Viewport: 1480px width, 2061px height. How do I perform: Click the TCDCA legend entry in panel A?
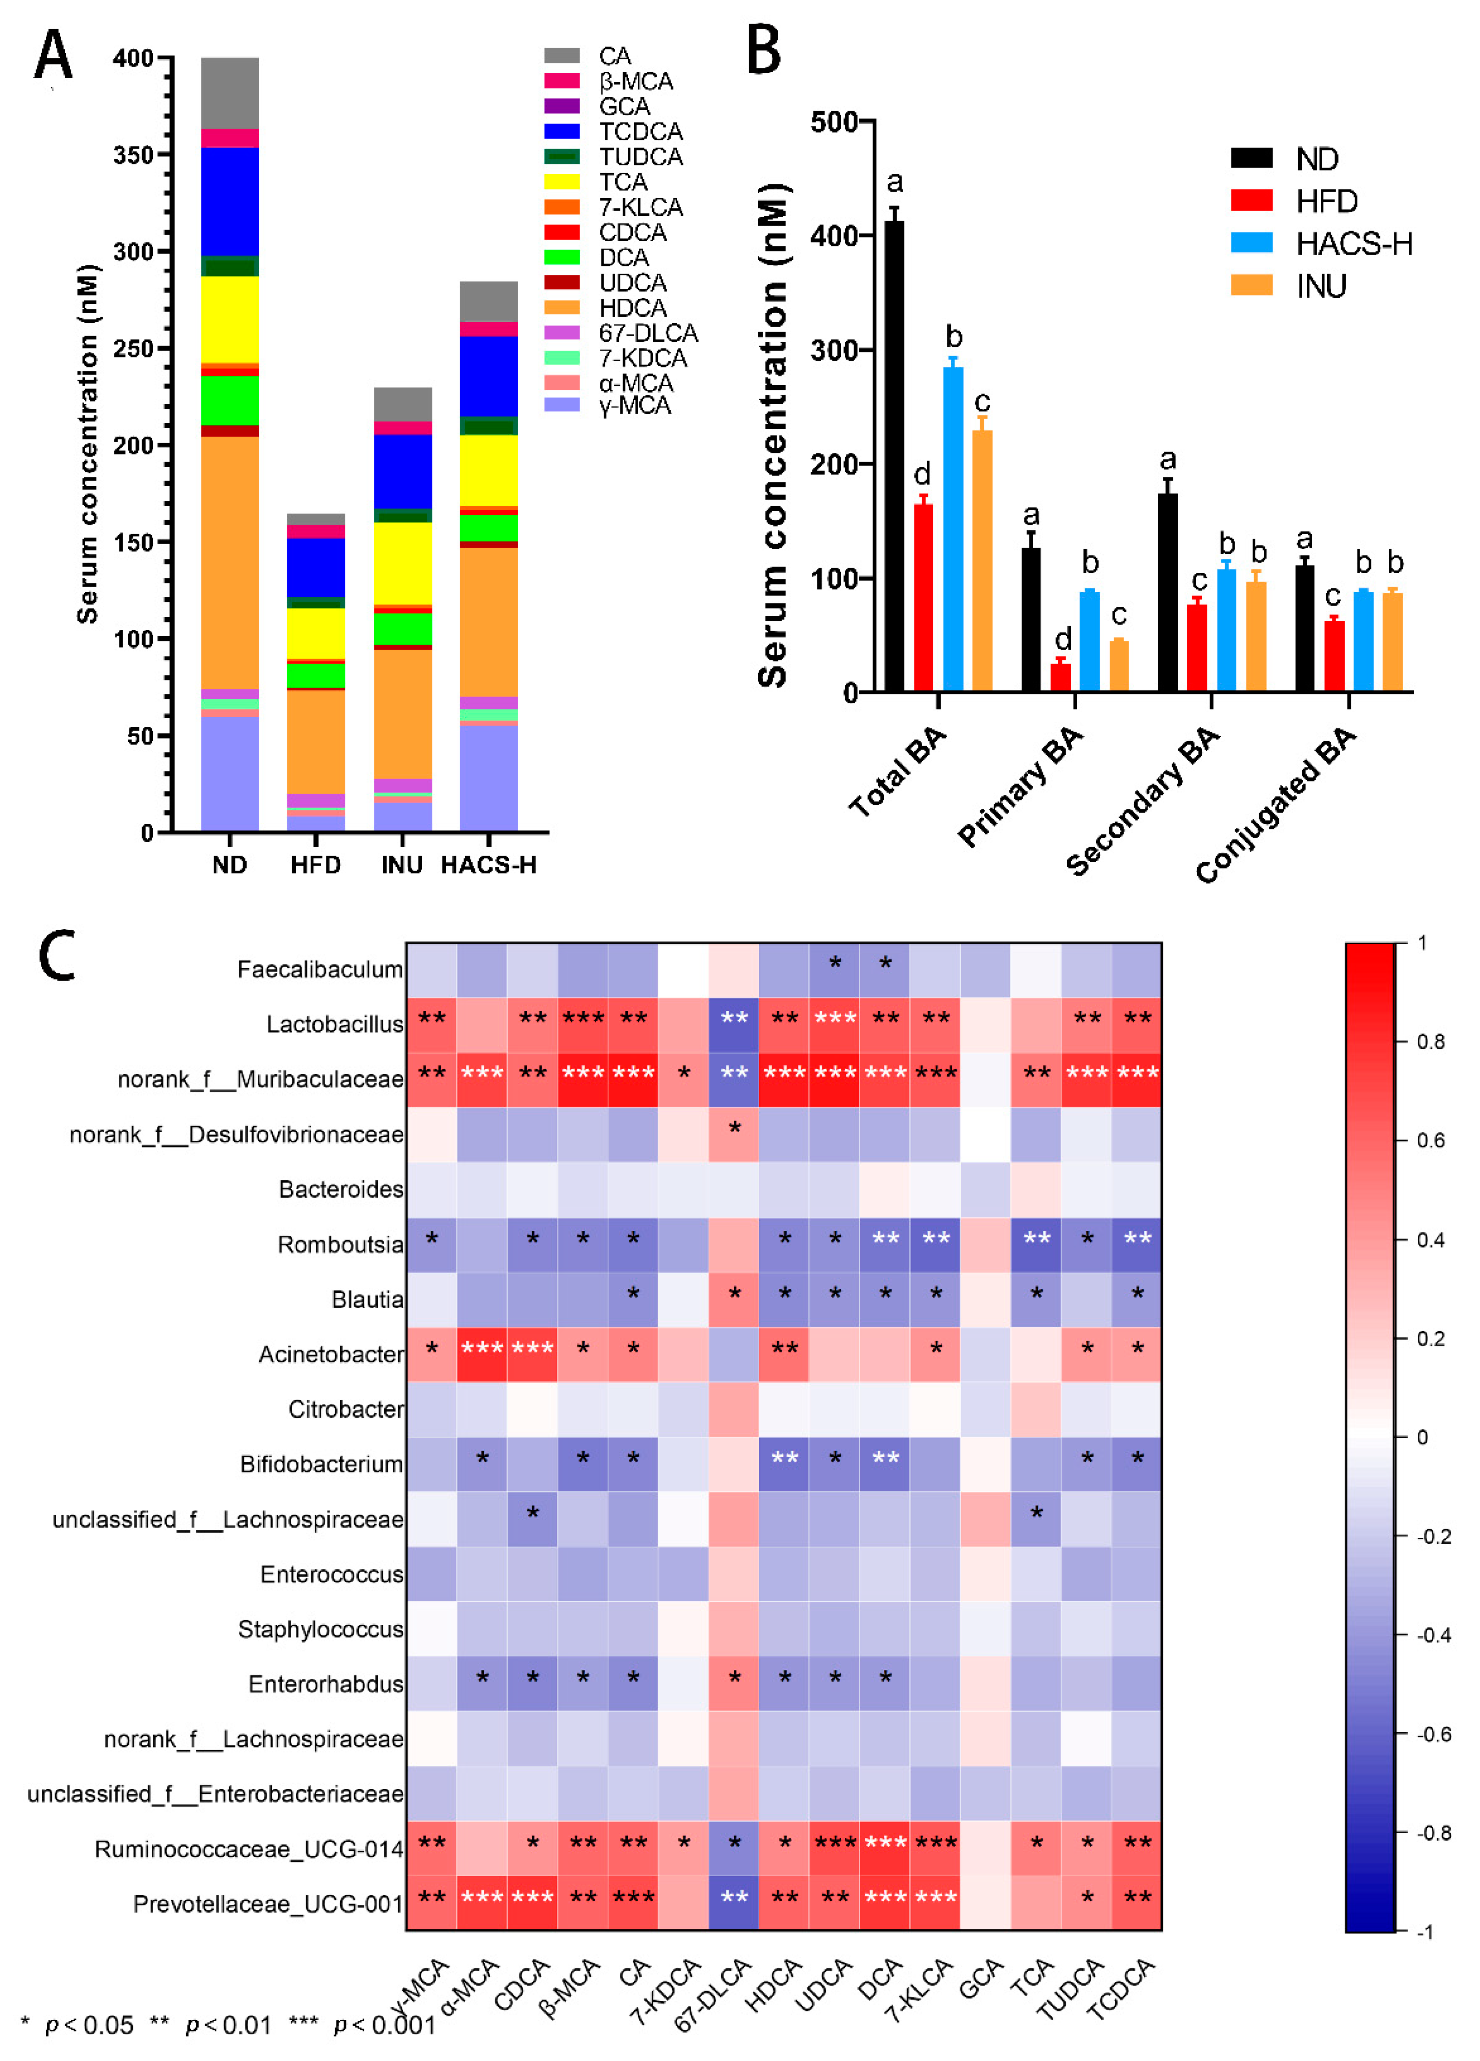(x=641, y=132)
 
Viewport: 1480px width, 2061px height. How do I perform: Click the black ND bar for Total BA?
(x=894, y=454)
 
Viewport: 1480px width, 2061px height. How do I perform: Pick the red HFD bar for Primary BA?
(x=1060, y=677)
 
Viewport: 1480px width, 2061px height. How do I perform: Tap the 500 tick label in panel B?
(x=834, y=122)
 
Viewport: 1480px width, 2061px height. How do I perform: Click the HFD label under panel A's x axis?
(x=315, y=864)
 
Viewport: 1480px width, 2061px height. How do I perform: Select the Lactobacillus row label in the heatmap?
(x=334, y=1024)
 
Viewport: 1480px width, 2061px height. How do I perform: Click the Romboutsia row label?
(x=340, y=1244)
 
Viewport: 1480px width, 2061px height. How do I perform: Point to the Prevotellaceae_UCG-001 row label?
(x=268, y=1903)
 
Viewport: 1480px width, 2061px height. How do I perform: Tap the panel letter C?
(x=56, y=956)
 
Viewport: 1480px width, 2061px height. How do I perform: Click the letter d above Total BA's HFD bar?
(x=922, y=473)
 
